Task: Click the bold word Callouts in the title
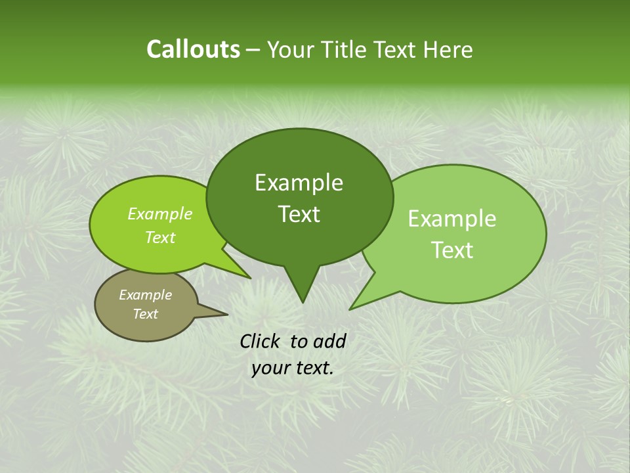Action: (193, 49)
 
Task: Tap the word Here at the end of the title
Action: (448, 49)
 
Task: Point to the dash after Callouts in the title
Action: (254, 50)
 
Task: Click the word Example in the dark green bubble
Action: (299, 183)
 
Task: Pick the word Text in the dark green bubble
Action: (299, 214)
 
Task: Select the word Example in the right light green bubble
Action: (452, 219)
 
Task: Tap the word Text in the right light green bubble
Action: (452, 250)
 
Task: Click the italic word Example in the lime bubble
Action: (159, 214)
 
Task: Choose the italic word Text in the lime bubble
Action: (159, 238)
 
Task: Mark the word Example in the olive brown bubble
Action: (145, 295)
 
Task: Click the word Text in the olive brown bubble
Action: (145, 314)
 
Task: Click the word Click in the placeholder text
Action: (261, 341)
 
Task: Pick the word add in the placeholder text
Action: (329, 341)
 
